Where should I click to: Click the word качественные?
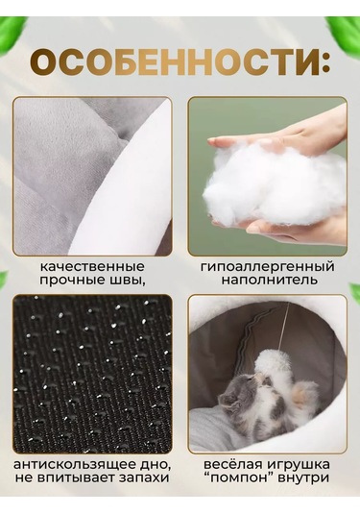click(x=93, y=266)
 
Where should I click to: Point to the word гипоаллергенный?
click(x=268, y=266)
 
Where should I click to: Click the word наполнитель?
click(x=268, y=281)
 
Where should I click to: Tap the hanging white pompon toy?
click(x=267, y=362)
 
